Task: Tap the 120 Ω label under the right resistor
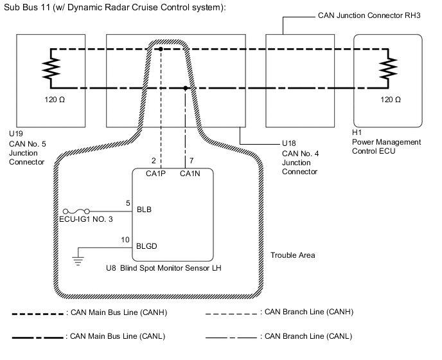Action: point(391,100)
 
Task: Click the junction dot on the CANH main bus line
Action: point(161,49)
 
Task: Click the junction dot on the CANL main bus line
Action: point(186,88)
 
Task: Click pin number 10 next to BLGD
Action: point(126,239)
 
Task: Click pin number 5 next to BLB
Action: point(128,203)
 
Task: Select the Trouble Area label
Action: point(293,255)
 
